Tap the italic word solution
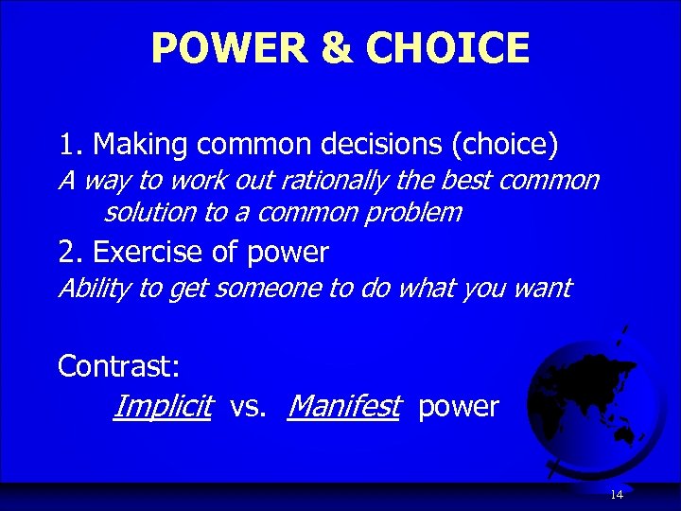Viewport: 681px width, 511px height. (x=151, y=212)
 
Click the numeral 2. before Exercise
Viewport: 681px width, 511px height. (x=70, y=253)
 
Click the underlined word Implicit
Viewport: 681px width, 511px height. (x=161, y=407)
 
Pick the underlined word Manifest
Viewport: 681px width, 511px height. (x=344, y=407)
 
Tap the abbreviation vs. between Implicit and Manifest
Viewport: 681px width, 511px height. (x=249, y=407)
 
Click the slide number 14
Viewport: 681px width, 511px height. (x=617, y=495)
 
